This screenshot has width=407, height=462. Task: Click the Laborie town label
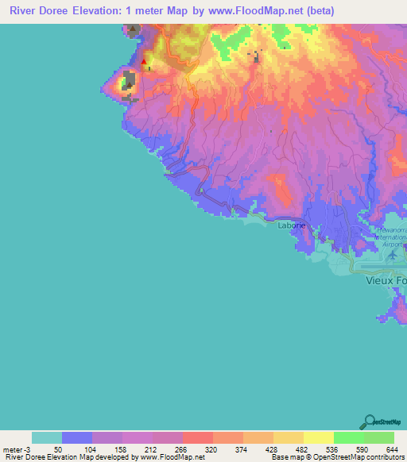(x=291, y=225)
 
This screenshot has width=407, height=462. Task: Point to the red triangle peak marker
(x=144, y=61)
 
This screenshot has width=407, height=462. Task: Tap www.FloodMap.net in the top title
(x=254, y=11)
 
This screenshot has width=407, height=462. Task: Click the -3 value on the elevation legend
(x=27, y=449)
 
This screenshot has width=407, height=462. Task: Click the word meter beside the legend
(x=11, y=449)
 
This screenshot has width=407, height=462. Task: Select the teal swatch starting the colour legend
(x=46, y=437)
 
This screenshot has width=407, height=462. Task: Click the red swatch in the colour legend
(x=197, y=437)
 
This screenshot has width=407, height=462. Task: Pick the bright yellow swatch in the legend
(x=318, y=437)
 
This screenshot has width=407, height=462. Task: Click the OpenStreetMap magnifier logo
(x=369, y=421)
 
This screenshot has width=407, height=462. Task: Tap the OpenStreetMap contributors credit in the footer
(x=350, y=457)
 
